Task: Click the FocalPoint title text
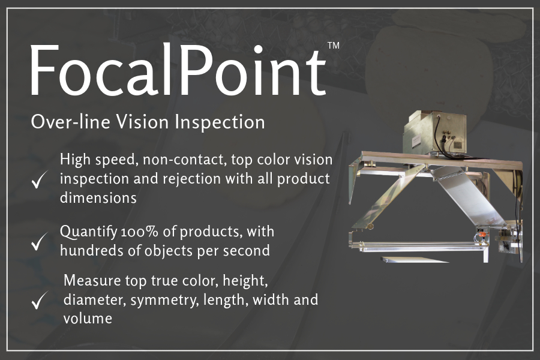178,70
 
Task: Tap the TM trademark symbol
334,46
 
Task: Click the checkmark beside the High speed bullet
39,179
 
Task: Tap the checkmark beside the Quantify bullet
39,241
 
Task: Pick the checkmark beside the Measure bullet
40,300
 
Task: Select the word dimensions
98,198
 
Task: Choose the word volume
88,319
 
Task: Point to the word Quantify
89,232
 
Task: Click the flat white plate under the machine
415,259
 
